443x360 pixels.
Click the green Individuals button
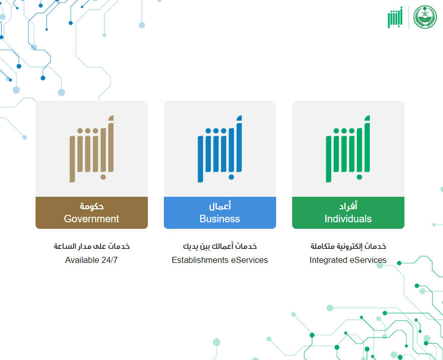tap(348, 213)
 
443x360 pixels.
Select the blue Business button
tap(220, 213)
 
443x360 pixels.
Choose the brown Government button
tap(92, 213)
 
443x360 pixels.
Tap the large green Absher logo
tap(348, 149)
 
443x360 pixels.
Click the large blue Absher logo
tap(220, 149)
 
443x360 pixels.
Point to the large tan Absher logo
tap(92, 149)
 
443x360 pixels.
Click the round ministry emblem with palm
tap(425, 17)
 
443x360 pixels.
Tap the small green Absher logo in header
tap(395, 17)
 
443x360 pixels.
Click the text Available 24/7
tap(91, 260)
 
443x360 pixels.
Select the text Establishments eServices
tap(220, 260)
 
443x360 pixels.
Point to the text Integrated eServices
tap(348, 260)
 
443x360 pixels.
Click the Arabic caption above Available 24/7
tap(92, 246)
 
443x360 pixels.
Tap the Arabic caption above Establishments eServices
tap(220, 246)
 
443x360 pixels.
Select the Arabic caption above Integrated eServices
tap(348, 246)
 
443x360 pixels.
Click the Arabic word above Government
tap(92, 206)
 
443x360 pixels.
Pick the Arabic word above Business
tap(220, 206)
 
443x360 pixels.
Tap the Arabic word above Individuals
tap(348, 206)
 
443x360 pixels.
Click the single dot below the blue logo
tap(232, 177)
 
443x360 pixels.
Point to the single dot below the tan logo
tap(103, 177)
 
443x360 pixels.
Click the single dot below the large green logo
tap(359, 177)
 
